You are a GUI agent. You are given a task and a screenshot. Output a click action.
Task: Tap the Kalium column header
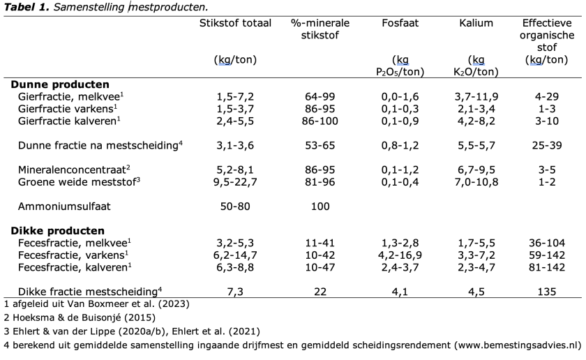(x=476, y=23)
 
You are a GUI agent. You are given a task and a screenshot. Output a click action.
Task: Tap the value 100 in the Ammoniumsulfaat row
(x=320, y=207)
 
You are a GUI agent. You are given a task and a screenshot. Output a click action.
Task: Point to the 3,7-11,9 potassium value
(x=476, y=96)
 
